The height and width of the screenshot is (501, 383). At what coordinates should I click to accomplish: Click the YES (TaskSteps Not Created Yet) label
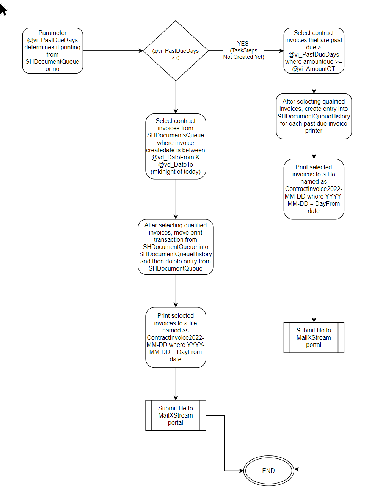click(243, 50)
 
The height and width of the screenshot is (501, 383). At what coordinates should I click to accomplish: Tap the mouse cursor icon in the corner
click(3, 9)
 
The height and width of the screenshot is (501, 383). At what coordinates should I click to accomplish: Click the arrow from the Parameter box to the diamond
click(113, 51)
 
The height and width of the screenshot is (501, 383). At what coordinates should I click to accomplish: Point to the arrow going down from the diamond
click(176, 97)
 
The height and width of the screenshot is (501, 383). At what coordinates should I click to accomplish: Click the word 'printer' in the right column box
click(314, 131)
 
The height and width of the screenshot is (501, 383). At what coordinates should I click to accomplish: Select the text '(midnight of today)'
click(176, 172)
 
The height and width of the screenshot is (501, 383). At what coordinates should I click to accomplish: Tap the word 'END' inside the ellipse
click(268, 471)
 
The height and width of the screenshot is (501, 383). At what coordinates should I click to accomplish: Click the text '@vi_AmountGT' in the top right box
click(314, 69)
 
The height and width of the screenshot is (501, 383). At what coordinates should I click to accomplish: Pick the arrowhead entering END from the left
click(241, 471)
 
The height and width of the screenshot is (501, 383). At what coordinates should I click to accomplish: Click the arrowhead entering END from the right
click(297, 469)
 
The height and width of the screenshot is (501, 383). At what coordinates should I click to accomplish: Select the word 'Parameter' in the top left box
click(52, 33)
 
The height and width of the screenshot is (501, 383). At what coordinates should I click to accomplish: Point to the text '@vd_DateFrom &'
click(176, 157)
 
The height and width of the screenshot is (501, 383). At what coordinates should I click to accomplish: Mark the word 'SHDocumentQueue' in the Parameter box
click(52, 61)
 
